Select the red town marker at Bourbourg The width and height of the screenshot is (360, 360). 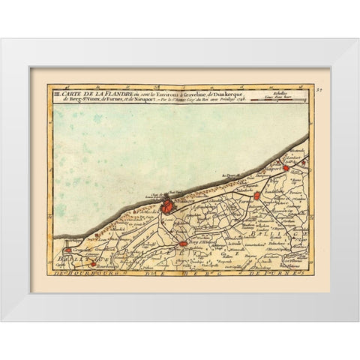(93, 263)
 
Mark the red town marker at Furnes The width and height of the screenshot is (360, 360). (257, 196)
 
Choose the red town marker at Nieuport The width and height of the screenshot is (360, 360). (283, 160)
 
